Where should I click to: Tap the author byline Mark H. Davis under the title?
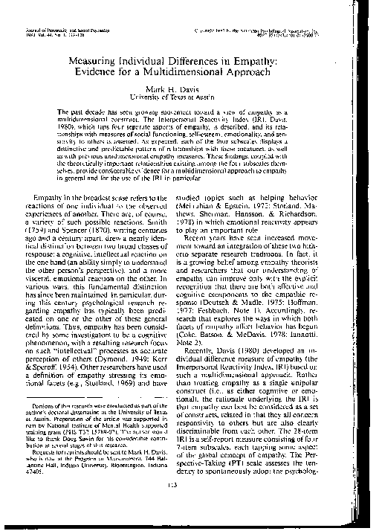coord(195,91)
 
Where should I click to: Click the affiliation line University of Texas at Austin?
coord(195,99)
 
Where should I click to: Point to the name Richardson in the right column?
coord(330,213)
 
